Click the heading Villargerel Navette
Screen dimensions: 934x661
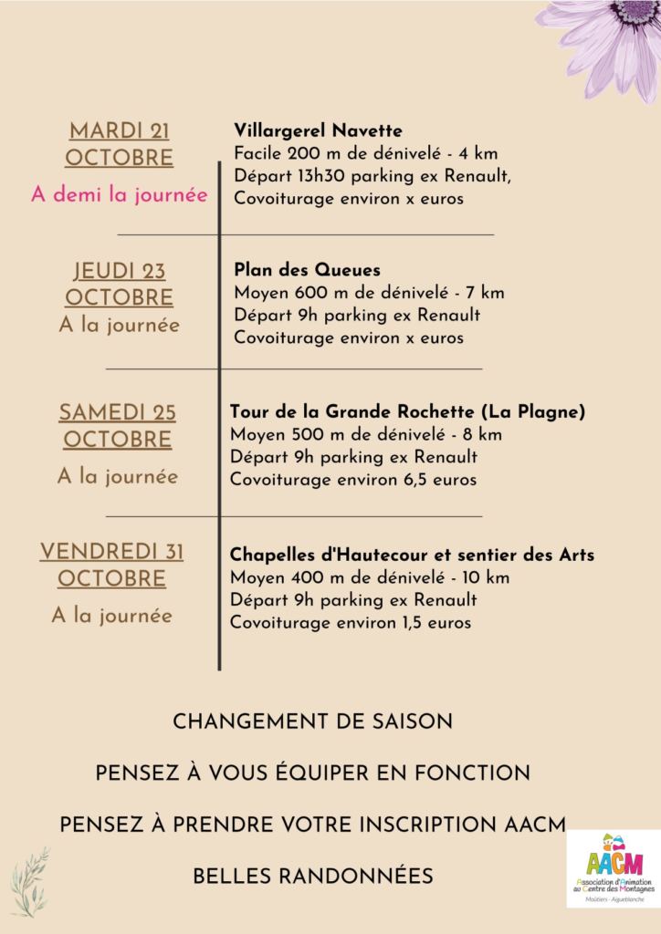(318, 130)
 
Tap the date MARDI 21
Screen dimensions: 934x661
(120, 130)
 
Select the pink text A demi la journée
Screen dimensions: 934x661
(120, 195)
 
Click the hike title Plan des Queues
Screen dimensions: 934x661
(307, 270)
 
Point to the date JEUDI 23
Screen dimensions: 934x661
(120, 271)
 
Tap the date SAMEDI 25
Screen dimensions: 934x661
(118, 412)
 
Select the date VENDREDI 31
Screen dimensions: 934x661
(111, 551)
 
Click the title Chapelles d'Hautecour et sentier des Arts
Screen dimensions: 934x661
(412, 554)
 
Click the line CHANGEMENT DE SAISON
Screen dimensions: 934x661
(312, 721)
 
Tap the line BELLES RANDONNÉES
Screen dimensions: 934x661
(312, 877)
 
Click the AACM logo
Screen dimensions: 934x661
(614, 868)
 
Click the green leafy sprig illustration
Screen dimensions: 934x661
(29, 879)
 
